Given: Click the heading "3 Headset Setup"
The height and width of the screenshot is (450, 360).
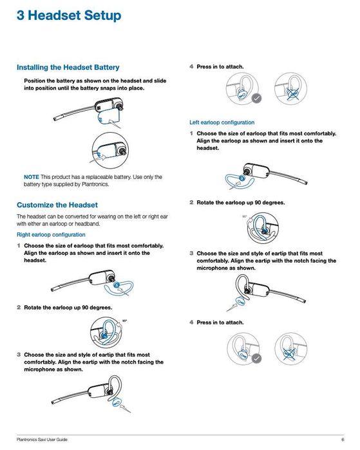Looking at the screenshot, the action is [x=69, y=15].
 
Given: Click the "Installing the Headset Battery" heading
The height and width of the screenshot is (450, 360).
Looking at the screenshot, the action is [x=68, y=68].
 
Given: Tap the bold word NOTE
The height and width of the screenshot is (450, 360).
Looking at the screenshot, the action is [x=32, y=177].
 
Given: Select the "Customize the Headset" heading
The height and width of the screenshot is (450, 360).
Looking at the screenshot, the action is [x=57, y=205].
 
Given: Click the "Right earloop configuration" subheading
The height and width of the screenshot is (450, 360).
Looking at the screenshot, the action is [x=51, y=235].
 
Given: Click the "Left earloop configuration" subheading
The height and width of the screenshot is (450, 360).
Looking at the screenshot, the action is [x=222, y=122].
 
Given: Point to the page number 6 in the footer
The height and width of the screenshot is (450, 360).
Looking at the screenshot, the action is [x=343, y=440].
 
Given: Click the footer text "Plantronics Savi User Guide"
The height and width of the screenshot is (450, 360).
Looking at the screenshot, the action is [x=42, y=440].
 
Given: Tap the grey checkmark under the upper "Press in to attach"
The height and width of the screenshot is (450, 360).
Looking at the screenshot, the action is [x=257, y=98].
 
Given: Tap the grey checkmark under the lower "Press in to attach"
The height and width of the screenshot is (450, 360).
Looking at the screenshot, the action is [x=257, y=359].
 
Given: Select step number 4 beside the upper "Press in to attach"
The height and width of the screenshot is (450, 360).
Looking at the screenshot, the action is [x=191, y=66].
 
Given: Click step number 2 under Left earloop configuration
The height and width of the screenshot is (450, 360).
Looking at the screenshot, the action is [x=191, y=203].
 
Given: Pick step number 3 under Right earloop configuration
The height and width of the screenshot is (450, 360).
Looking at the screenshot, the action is [x=19, y=355].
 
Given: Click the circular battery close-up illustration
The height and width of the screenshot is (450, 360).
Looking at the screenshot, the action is [x=110, y=151].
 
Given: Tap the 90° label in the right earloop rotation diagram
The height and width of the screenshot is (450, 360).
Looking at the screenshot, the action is [x=124, y=321].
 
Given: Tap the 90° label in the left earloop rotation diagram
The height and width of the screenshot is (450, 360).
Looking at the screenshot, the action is [x=245, y=216].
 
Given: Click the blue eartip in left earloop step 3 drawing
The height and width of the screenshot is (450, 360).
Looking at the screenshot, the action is [x=241, y=301].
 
